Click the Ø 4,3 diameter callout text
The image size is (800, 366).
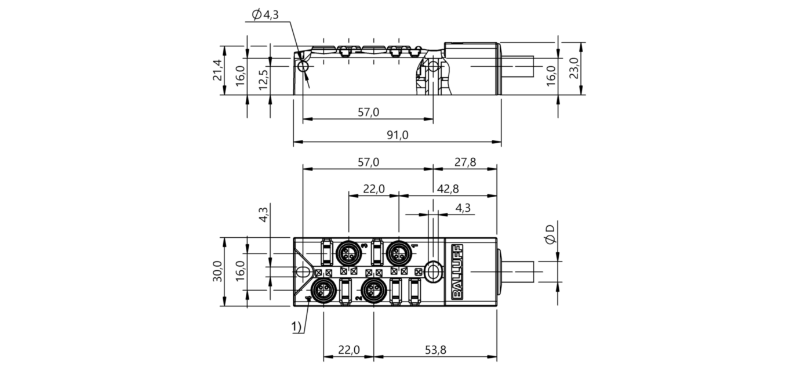coord(265,15)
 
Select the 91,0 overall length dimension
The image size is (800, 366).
coord(397,135)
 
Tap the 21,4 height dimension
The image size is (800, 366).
coord(217,70)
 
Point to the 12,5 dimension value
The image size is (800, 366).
coord(263,79)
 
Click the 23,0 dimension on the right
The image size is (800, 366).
coord(573,68)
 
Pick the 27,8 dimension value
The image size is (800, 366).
coord(465,162)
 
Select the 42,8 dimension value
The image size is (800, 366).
coord(448,189)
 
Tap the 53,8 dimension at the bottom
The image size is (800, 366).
coord(435,350)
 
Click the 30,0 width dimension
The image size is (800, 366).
coord(217,271)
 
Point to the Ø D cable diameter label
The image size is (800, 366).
coord(550,234)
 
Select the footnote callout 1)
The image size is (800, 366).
coord(297,327)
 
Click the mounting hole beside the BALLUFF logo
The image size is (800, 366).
coord(433,271)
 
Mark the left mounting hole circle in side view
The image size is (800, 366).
coord(303,66)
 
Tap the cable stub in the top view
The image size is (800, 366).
coord(517,271)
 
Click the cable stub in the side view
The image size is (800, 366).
coord(517,66)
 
